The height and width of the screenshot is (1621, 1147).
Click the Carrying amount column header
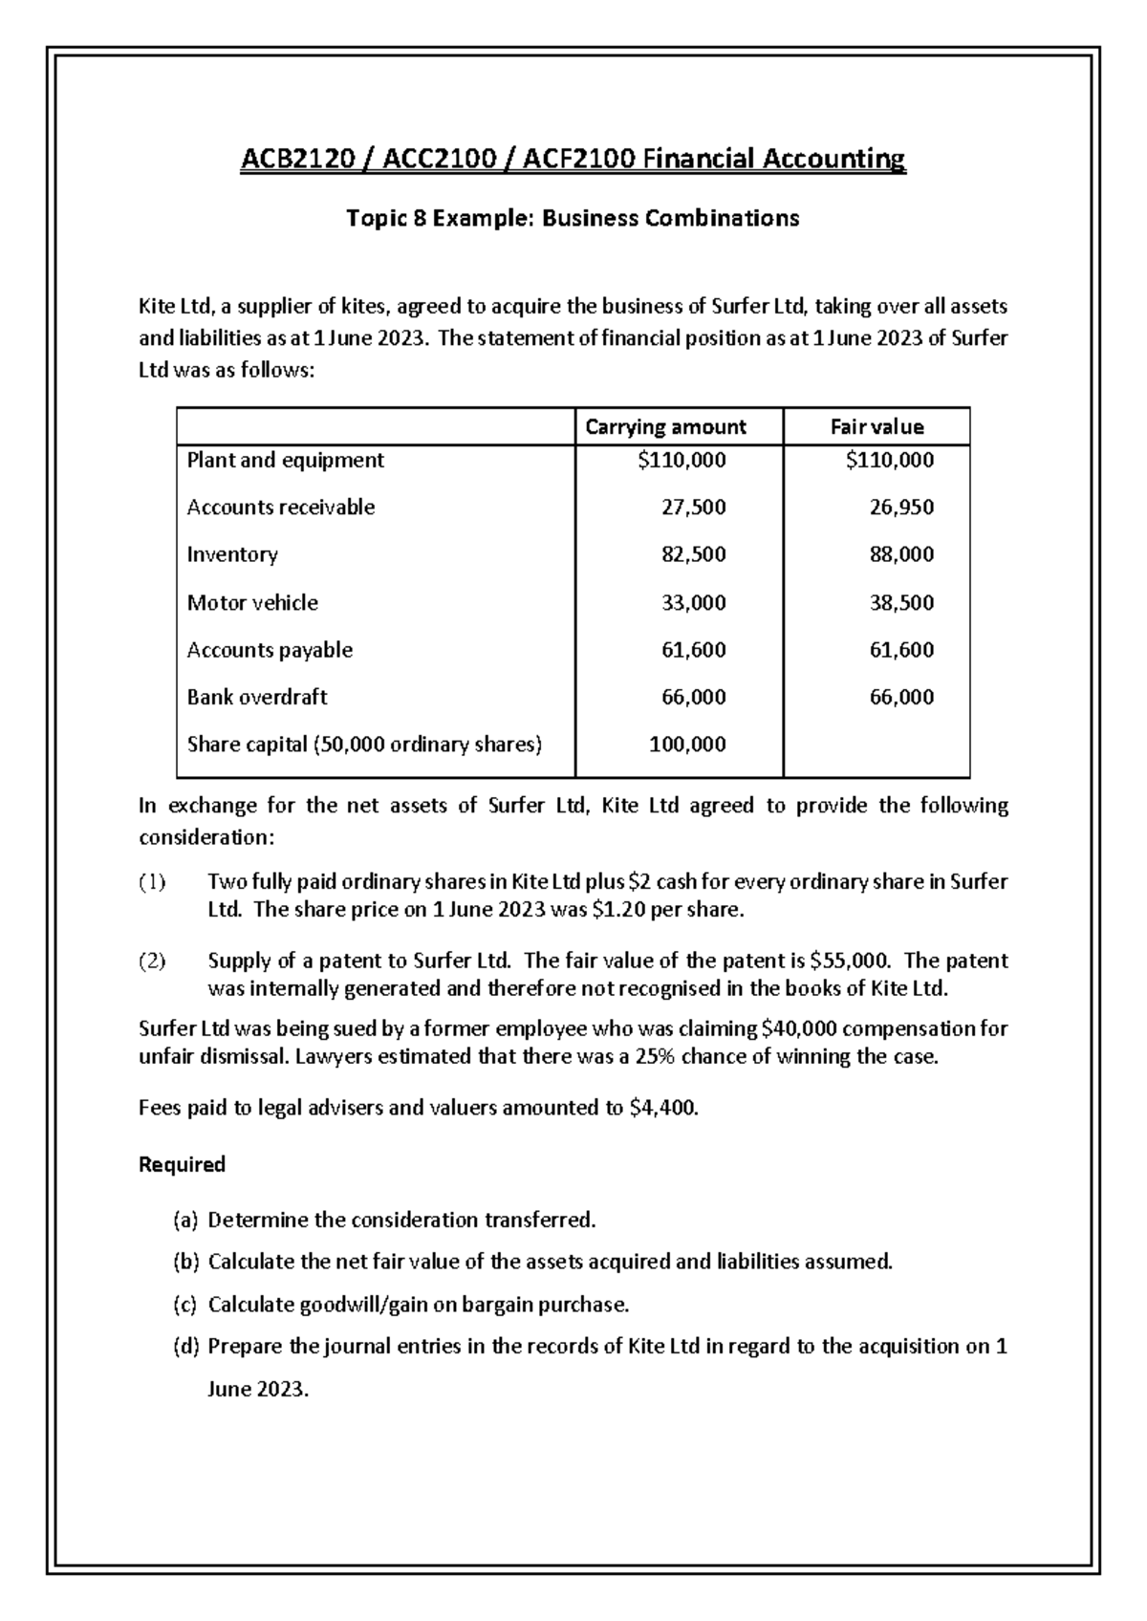coord(664,427)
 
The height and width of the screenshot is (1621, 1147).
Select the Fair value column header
coord(876,427)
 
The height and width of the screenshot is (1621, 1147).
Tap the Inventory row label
coord(232,555)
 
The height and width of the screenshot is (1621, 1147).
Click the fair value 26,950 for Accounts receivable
coord(901,508)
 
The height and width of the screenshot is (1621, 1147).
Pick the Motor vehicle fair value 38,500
coord(901,603)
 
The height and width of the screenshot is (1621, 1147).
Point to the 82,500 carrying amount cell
coord(693,555)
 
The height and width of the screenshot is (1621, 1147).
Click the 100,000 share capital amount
coord(687,745)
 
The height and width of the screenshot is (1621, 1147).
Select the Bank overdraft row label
coord(257,698)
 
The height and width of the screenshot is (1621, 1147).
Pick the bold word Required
coord(182,1165)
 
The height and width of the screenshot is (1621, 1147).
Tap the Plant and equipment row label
coord(285,461)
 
